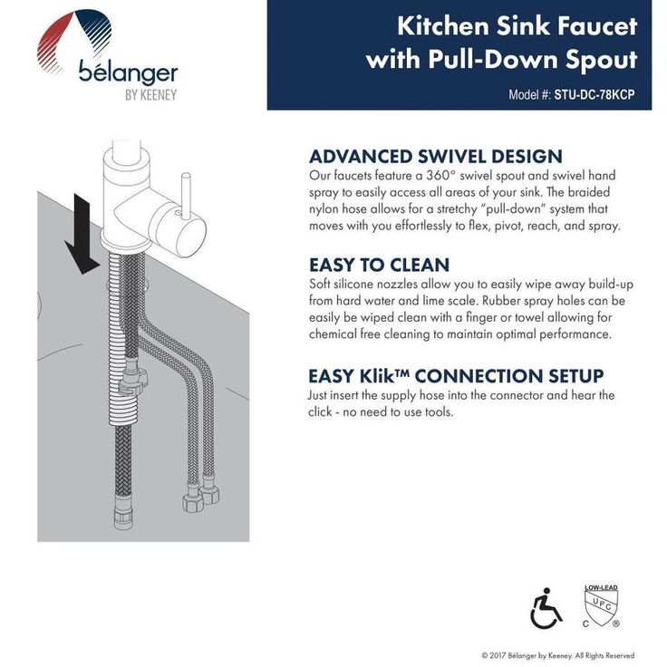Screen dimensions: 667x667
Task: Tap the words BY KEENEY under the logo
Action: pos(150,95)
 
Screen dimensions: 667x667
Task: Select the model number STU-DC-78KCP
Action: pos(594,94)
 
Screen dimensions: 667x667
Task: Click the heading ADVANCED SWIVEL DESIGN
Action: pos(436,157)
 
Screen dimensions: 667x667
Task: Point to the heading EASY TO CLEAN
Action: pos(379,265)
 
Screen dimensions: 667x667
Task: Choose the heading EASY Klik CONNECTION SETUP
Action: pos(456,376)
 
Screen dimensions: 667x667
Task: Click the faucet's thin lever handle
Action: pos(186,194)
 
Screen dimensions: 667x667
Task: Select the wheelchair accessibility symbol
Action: pos(546,608)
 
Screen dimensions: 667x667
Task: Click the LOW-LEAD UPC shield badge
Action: pos(601,606)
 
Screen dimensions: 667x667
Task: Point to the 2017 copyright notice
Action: pos(557,655)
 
